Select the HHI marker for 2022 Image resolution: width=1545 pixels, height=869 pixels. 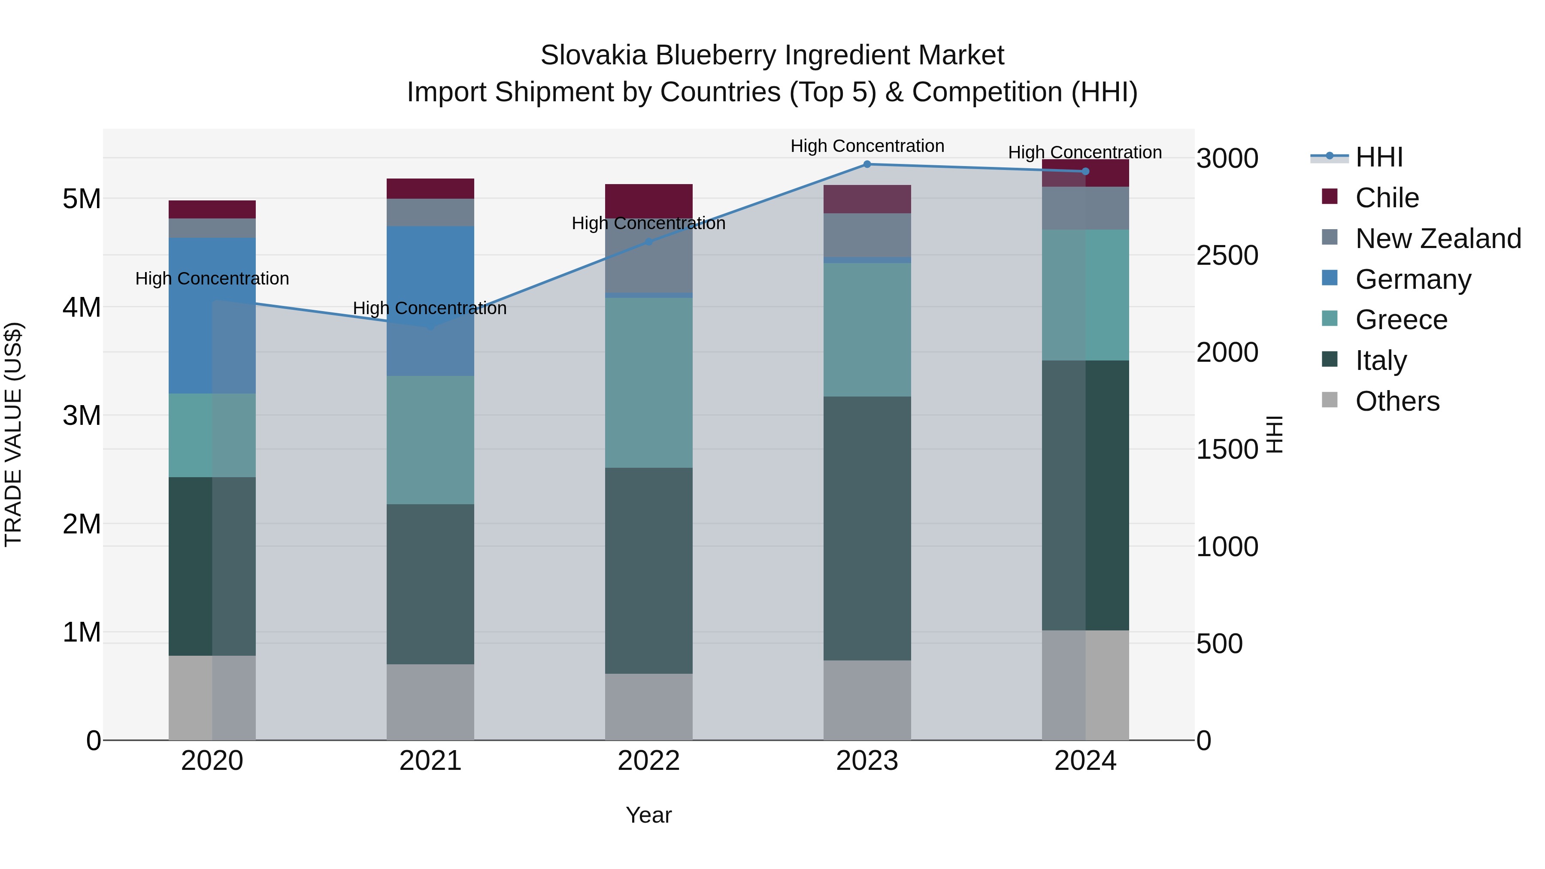648,242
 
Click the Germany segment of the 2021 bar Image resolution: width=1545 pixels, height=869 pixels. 430,300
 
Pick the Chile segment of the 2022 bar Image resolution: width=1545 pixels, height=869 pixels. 648,201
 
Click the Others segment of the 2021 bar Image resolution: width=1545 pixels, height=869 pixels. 430,702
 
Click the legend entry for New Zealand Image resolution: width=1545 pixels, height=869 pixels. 1438,239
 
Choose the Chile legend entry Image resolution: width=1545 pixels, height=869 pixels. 1387,198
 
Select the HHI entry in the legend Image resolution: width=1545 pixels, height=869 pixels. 1378,157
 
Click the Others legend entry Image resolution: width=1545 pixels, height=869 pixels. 1397,401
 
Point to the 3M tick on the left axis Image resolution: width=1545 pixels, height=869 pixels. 82,415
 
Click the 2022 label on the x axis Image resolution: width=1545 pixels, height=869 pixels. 648,761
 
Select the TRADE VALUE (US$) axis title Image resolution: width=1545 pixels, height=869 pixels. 13,434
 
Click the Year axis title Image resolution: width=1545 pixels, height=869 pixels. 648,815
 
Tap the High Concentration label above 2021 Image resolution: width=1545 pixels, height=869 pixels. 430,308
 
